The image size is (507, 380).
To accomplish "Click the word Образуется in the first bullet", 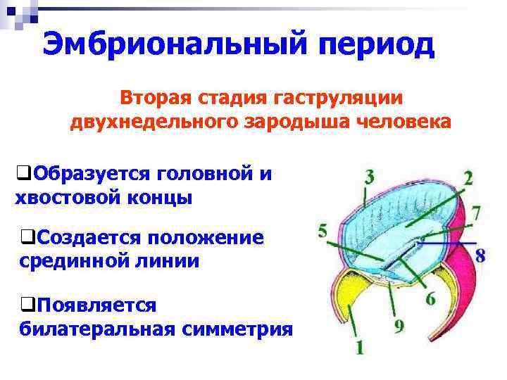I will click(x=92, y=172).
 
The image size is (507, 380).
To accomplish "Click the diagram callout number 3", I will click(x=369, y=176).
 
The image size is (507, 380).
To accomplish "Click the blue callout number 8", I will click(x=480, y=255).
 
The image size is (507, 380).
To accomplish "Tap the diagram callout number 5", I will click(x=323, y=231).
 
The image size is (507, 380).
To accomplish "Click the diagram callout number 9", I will click(x=399, y=326).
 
